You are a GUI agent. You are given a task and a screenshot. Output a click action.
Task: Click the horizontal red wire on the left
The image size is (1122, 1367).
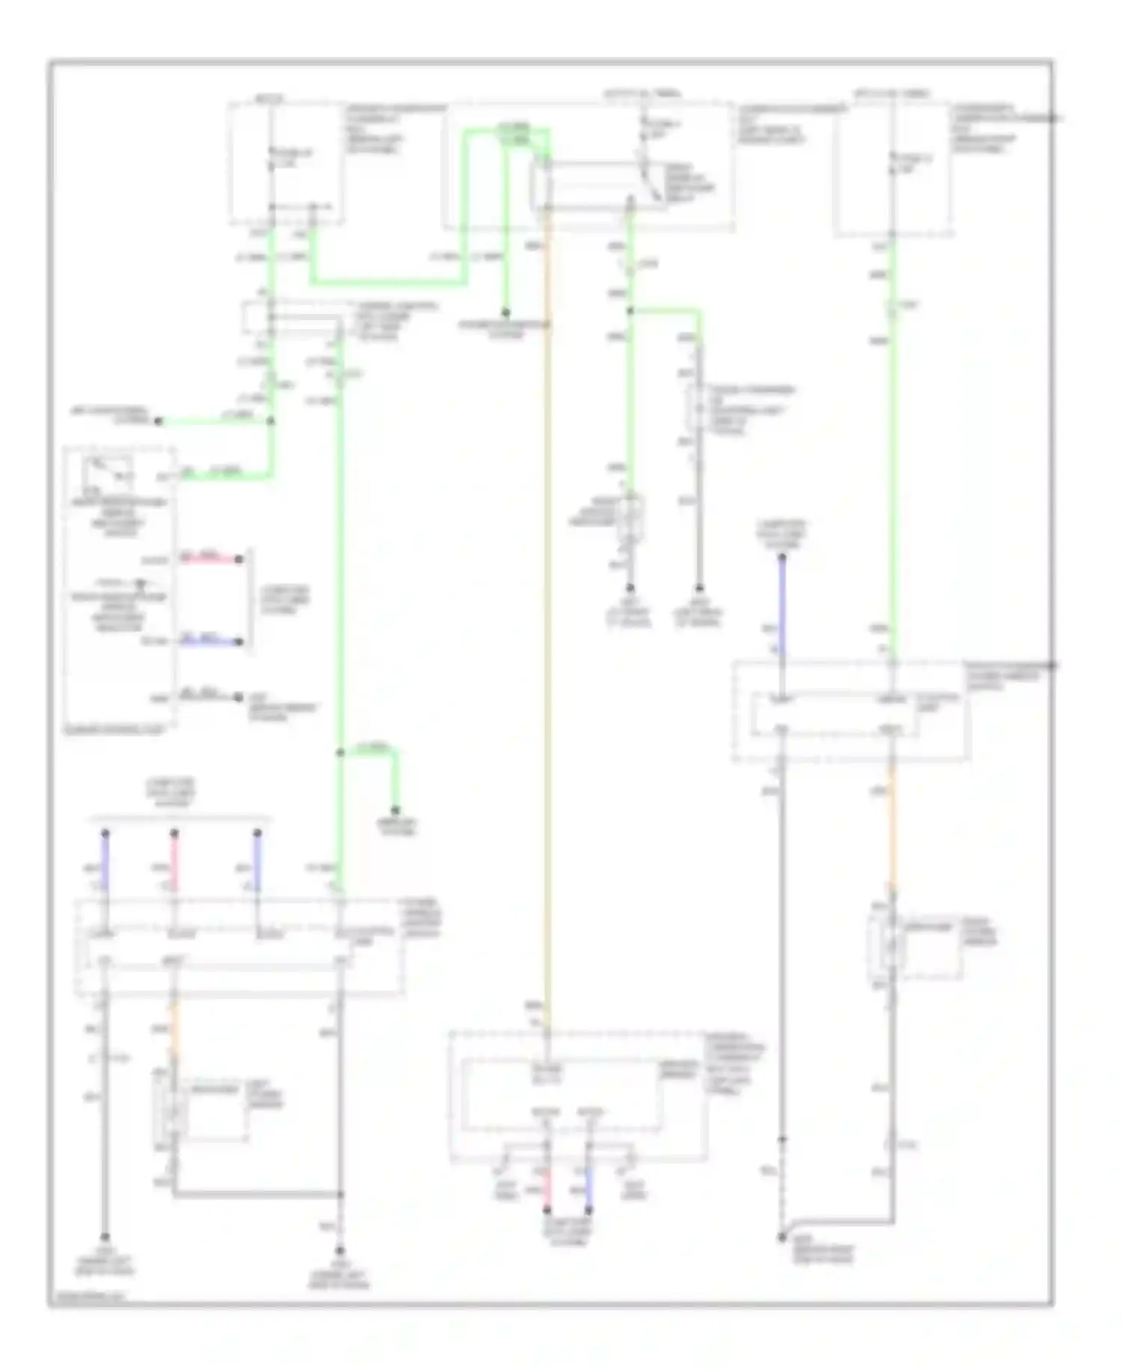click(209, 559)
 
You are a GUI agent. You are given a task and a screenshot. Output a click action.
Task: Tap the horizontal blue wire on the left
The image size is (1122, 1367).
click(209, 641)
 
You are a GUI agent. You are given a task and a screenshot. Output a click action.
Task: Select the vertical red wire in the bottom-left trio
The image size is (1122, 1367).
click(174, 860)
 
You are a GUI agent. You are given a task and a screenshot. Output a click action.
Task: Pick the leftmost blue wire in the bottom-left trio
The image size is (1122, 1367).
click(105, 860)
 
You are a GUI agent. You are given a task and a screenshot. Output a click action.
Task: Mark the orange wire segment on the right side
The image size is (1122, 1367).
click(892, 823)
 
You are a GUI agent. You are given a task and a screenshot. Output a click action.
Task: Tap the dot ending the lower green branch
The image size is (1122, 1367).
click(396, 811)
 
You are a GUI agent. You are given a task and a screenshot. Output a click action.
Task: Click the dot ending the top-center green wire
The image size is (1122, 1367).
click(506, 313)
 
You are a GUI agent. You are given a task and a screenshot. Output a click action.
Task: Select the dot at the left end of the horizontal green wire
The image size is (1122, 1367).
click(159, 422)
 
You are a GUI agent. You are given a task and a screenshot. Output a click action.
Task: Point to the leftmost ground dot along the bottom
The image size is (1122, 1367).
click(105, 1238)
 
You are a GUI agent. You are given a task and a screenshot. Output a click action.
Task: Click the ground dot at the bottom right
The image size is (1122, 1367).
click(782, 1238)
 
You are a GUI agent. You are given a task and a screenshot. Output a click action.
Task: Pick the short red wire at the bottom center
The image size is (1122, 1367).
click(547, 1189)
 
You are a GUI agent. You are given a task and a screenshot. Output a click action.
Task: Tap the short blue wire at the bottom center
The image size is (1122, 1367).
click(589, 1189)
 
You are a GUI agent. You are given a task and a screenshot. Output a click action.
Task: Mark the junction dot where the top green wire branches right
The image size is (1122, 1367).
click(630, 310)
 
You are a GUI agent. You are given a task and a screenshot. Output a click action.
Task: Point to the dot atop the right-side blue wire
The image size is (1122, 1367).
click(782, 557)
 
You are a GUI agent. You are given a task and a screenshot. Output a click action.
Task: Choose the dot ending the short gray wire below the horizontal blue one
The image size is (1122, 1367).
click(239, 698)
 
